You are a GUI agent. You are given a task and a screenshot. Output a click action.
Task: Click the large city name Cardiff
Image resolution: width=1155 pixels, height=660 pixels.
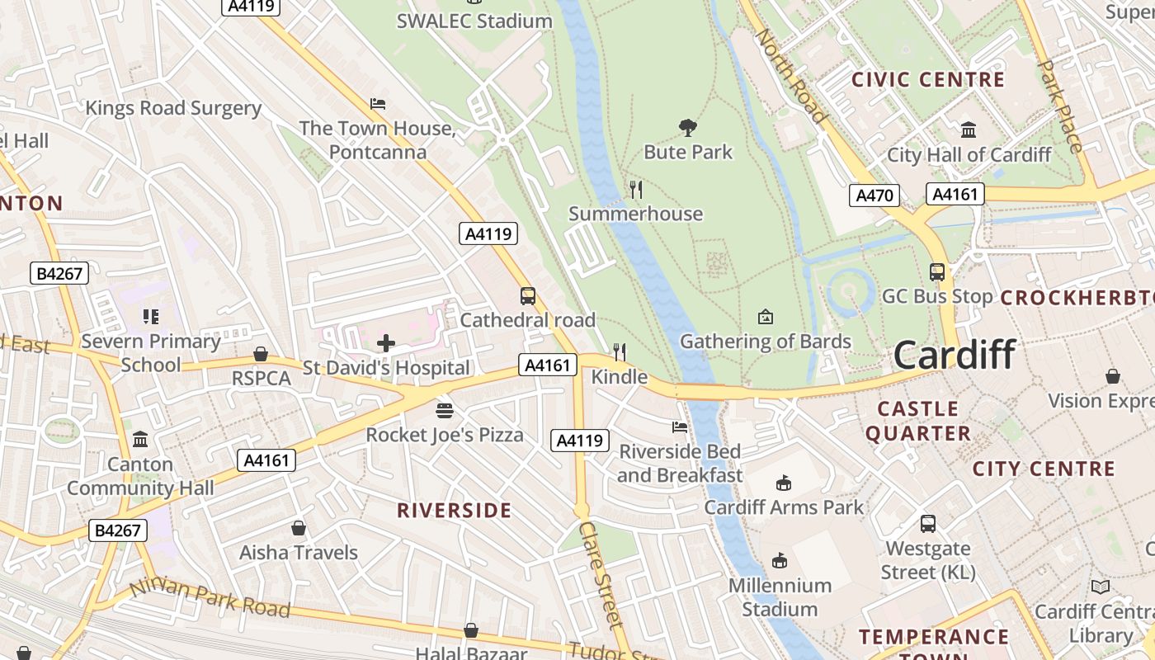pyautogui.click(x=955, y=355)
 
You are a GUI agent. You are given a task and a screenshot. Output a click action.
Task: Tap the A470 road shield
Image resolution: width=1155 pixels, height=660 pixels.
pyautogui.click(x=874, y=196)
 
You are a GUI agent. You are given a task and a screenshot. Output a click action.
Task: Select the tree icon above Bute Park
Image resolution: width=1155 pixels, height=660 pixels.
pyautogui.click(x=688, y=127)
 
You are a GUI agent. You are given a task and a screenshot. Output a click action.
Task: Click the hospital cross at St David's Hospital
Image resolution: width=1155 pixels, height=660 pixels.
pyautogui.click(x=385, y=342)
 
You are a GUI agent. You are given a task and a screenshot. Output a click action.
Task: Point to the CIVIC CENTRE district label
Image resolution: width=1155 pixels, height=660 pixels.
pyautogui.click(x=928, y=80)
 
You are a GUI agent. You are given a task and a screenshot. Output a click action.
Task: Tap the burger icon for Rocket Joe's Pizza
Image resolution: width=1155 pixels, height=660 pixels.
pyautogui.click(x=445, y=410)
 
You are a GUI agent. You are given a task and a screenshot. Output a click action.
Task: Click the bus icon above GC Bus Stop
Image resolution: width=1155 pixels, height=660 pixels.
pyautogui.click(x=937, y=271)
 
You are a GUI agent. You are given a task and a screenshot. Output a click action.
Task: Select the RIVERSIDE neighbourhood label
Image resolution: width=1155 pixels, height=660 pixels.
pyautogui.click(x=455, y=511)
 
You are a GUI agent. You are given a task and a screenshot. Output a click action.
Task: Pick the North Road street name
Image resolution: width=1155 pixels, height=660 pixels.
pyautogui.click(x=791, y=76)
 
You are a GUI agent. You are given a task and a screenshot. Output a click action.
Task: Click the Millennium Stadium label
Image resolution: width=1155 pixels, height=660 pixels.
pyautogui.click(x=780, y=597)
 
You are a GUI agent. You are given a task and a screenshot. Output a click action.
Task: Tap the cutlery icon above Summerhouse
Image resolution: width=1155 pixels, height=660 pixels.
pyautogui.click(x=636, y=190)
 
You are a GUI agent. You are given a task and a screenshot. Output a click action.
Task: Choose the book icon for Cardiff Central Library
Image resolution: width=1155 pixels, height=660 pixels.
pyautogui.click(x=1101, y=587)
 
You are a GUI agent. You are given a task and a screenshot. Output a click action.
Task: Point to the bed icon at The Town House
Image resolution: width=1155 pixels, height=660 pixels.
pyautogui.click(x=378, y=104)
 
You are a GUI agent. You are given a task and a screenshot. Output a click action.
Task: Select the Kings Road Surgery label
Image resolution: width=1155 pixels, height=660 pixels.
pyautogui.click(x=173, y=108)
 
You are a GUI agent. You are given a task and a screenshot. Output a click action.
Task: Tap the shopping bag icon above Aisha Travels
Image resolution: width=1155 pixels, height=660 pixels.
pyautogui.click(x=299, y=528)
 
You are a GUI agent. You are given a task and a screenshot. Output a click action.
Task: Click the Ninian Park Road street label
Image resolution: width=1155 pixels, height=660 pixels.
pyautogui.click(x=210, y=598)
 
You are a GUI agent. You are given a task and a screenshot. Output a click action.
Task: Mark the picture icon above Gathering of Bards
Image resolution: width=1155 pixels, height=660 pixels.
pyautogui.click(x=766, y=317)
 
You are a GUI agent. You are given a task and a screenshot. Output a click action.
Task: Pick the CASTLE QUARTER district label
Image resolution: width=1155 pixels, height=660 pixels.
pyautogui.click(x=917, y=421)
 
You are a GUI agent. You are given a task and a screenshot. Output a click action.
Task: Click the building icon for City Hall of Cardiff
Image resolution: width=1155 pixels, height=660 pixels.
pyautogui.click(x=969, y=130)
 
